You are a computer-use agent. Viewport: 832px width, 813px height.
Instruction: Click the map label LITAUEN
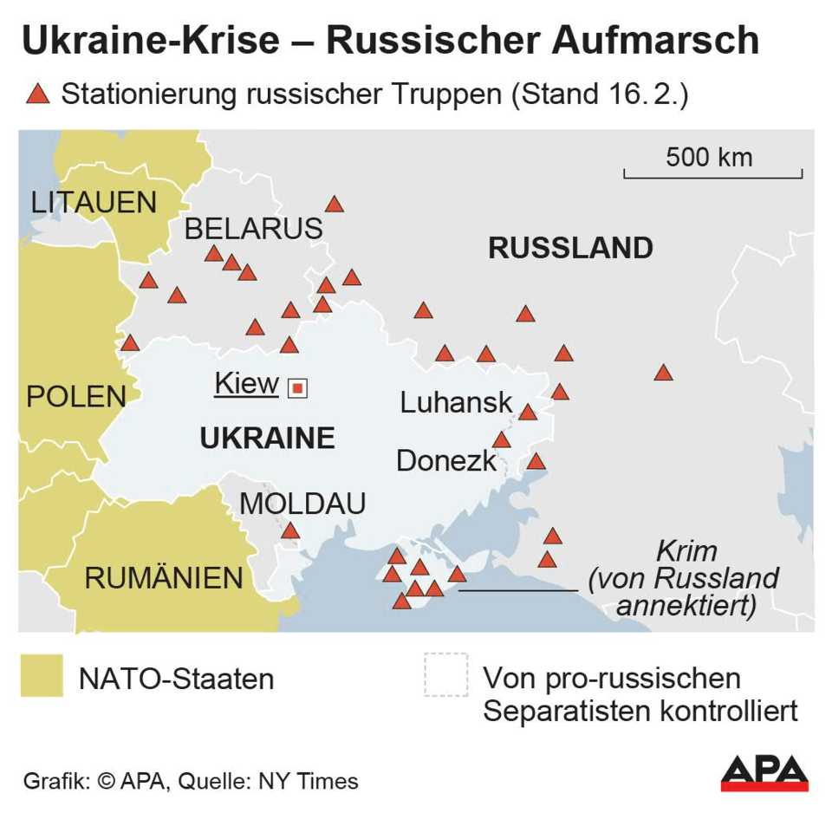tap(94, 203)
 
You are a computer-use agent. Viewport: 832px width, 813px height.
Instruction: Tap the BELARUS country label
tap(253, 229)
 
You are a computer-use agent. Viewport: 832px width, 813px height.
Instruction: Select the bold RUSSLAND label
tap(570, 248)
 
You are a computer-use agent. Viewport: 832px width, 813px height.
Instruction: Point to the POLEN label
tap(76, 397)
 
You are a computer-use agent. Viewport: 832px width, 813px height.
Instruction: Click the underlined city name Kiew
tap(247, 383)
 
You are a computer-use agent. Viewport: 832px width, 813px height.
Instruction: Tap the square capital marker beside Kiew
tap(297, 388)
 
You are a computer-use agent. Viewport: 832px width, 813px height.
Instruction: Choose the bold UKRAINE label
tap(267, 439)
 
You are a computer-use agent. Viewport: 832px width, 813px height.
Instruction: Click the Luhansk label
tap(457, 402)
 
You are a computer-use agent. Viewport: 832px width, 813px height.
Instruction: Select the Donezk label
tap(446, 461)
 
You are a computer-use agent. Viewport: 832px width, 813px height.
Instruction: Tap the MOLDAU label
tap(302, 504)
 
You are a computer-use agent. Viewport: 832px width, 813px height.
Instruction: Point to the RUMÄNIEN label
tap(164, 578)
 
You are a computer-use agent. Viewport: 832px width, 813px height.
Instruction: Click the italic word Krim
tap(686, 551)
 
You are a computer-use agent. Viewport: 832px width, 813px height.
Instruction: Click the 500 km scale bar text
tap(709, 158)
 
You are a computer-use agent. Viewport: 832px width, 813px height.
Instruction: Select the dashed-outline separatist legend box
tap(446, 675)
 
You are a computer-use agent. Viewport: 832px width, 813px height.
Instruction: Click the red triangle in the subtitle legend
tap(37, 94)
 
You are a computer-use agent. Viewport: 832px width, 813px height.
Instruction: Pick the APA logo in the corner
tap(764, 773)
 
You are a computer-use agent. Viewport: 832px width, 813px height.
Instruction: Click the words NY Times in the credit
tap(308, 781)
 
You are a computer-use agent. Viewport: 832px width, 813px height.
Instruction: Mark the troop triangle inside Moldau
tap(290, 530)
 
